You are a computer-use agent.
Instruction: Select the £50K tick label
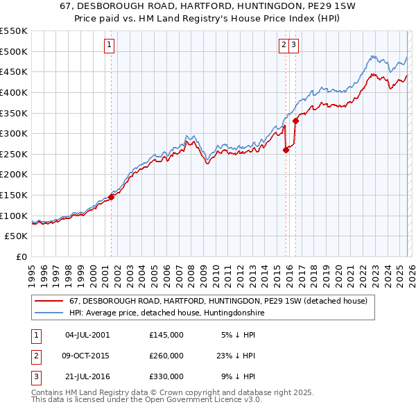(x=17, y=236)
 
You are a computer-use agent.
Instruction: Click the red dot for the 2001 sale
(x=111, y=197)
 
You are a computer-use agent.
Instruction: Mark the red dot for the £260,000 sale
(x=286, y=150)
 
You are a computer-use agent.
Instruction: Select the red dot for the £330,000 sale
(x=295, y=121)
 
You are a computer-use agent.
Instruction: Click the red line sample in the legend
(x=49, y=302)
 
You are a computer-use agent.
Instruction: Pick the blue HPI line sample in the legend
(x=49, y=313)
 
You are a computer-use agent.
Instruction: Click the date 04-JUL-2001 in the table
(x=87, y=335)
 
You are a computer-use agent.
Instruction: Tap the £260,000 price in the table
(x=166, y=356)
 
